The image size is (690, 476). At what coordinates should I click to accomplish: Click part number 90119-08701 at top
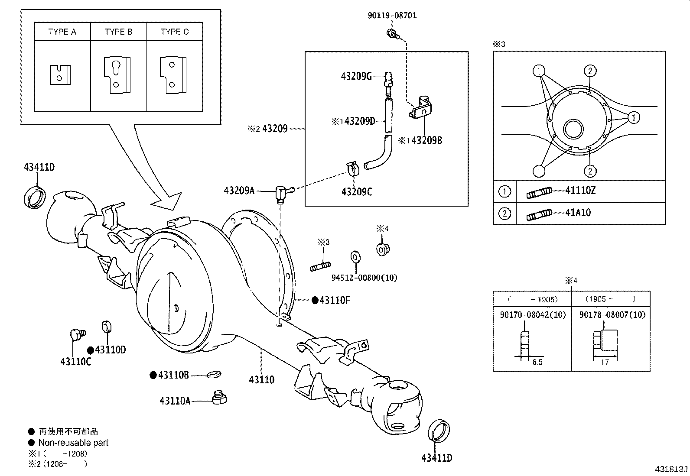tap(392, 16)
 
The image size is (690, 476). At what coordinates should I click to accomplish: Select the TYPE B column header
tap(118, 32)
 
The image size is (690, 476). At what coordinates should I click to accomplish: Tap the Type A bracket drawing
tap(60, 74)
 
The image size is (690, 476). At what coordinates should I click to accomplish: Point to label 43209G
tap(356, 77)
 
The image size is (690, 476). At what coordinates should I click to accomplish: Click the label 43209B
tap(426, 140)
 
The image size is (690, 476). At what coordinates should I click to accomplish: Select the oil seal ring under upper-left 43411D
tap(35, 195)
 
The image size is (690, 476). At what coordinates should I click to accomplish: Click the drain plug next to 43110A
tap(220, 397)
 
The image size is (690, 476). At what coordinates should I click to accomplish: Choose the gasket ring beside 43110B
tap(214, 374)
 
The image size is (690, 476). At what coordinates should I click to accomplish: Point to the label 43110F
tap(334, 300)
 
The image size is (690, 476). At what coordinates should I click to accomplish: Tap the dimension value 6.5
tap(537, 362)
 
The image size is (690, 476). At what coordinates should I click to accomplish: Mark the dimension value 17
tap(605, 362)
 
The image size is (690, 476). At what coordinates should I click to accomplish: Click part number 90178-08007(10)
tap(612, 315)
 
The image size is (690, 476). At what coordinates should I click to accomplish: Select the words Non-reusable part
tap(73, 443)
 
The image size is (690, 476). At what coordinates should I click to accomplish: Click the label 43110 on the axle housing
tap(261, 380)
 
